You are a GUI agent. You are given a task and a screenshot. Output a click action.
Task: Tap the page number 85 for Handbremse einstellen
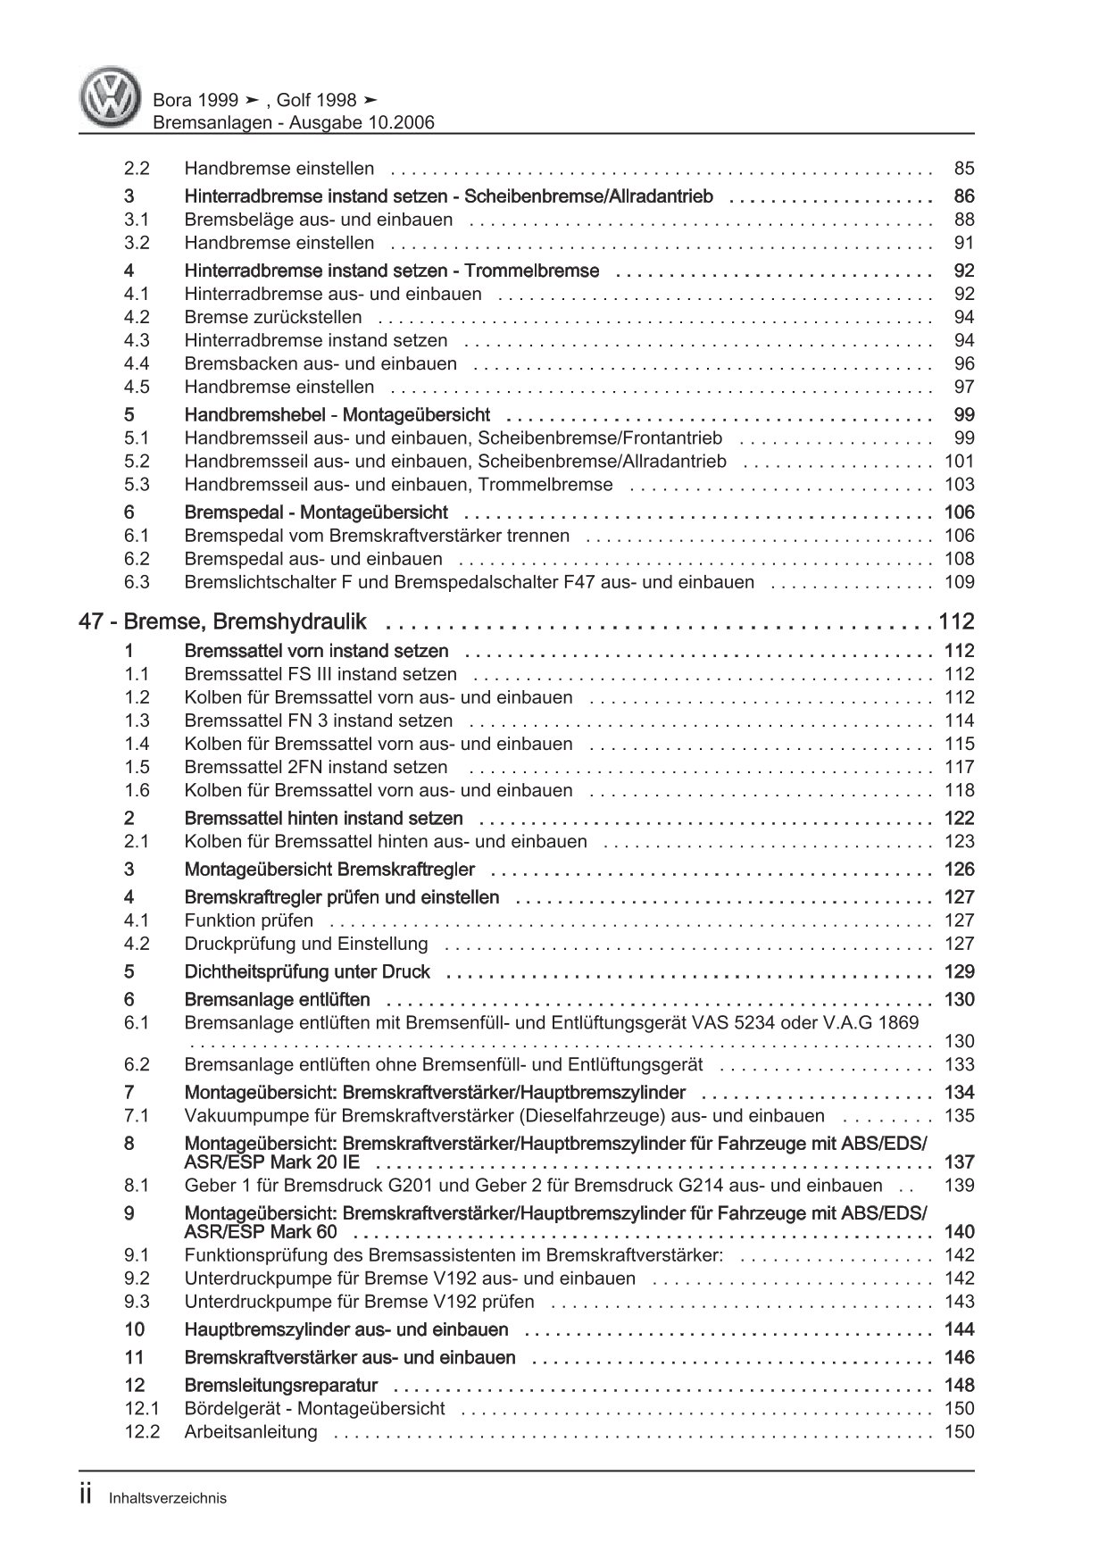pyautogui.click(x=963, y=168)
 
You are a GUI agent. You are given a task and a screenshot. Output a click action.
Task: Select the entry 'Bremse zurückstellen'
pyautogui.click(x=273, y=317)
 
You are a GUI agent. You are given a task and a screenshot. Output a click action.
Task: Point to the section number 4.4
pyautogui.click(x=137, y=363)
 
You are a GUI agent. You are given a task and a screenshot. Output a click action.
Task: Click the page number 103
pyautogui.click(x=959, y=485)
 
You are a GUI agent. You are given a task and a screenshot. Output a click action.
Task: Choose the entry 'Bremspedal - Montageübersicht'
pyautogui.click(x=316, y=512)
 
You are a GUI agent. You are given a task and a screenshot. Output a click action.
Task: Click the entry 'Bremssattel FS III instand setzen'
pyautogui.click(x=320, y=674)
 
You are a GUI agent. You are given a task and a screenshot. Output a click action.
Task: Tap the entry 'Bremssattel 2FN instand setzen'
pyautogui.click(x=316, y=767)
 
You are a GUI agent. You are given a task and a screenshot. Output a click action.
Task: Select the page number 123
pyautogui.click(x=959, y=841)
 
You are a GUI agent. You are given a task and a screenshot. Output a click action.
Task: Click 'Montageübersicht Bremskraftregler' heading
pyautogui.click(x=329, y=869)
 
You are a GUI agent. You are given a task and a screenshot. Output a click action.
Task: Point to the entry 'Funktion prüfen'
pyautogui.click(x=249, y=920)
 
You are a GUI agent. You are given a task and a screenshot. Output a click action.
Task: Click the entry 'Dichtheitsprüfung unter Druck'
pyautogui.click(x=307, y=971)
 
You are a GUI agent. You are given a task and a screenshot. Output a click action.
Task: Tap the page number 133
pyautogui.click(x=959, y=1064)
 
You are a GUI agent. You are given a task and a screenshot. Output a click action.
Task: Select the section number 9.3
pyautogui.click(x=137, y=1302)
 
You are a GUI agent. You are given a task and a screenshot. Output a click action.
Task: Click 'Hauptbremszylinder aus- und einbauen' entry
pyautogui.click(x=346, y=1329)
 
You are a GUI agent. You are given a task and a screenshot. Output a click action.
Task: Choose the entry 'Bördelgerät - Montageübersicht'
pyautogui.click(x=314, y=1408)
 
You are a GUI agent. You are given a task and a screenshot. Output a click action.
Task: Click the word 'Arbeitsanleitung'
pyautogui.click(x=251, y=1431)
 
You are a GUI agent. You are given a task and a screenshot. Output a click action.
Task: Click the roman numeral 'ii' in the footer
pyautogui.click(x=87, y=1497)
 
